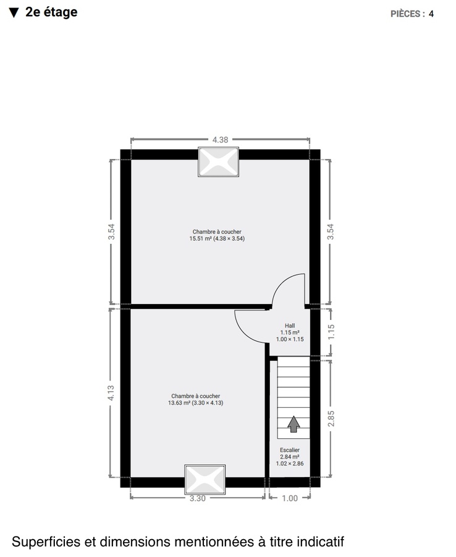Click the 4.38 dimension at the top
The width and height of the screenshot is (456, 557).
tap(220, 140)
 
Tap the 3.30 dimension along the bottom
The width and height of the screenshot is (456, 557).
tap(197, 498)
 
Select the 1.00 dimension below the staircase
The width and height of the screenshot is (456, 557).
tap(290, 498)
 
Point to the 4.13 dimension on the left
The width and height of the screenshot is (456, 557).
tap(111, 392)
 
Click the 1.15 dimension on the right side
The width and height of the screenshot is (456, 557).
tap(331, 332)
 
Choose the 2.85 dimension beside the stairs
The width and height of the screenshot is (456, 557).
tap(331, 418)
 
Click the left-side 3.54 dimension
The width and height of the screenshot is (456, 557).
tap(111, 231)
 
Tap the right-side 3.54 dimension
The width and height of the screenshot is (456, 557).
tap(331, 231)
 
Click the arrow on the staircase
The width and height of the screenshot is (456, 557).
tap(294, 424)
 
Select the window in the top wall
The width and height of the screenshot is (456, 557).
tap(218, 162)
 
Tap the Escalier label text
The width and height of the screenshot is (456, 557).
tap(290, 450)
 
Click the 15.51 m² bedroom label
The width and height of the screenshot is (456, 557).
tap(217, 235)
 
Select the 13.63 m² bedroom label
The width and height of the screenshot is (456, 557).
tap(195, 400)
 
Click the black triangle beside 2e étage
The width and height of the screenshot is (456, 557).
tap(14, 12)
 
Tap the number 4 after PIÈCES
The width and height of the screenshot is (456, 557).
tap(431, 14)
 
